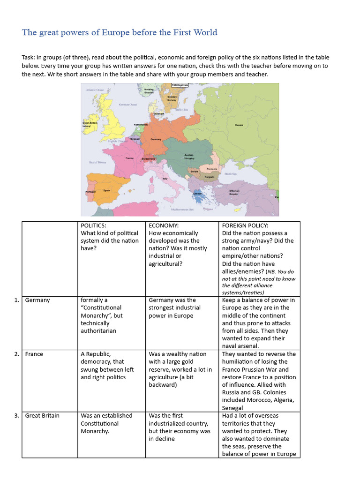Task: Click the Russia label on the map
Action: pos(239,125)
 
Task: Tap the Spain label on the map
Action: pos(107,190)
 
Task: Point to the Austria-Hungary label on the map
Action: pos(189,157)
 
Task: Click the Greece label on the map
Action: pos(198,193)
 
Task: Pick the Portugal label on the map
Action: pos(90,192)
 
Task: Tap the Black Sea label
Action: pos(230,174)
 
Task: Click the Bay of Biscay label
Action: pos(97,162)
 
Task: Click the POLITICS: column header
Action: pos(94,225)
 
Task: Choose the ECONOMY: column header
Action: pos(164,225)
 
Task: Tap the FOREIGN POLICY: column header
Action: pos(245,225)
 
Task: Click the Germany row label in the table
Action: pos(37,300)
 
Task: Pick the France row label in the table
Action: pos(34,354)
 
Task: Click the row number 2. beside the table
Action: pos(17,354)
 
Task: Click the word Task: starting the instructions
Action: pos(30,57)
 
